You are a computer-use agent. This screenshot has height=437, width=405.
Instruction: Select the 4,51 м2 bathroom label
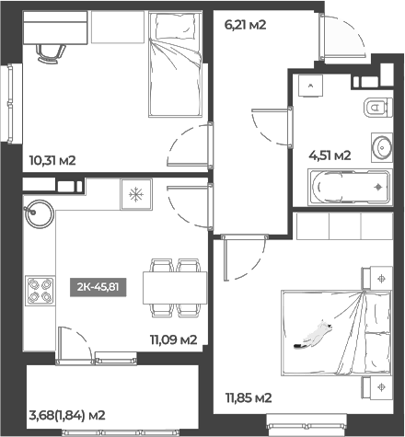pyautogui.click(x=330, y=155)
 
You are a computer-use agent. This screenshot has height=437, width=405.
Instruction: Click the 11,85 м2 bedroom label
pyautogui.click(x=249, y=397)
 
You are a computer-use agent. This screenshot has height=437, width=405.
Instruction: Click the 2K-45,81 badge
pyautogui.click(x=98, y=285)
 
